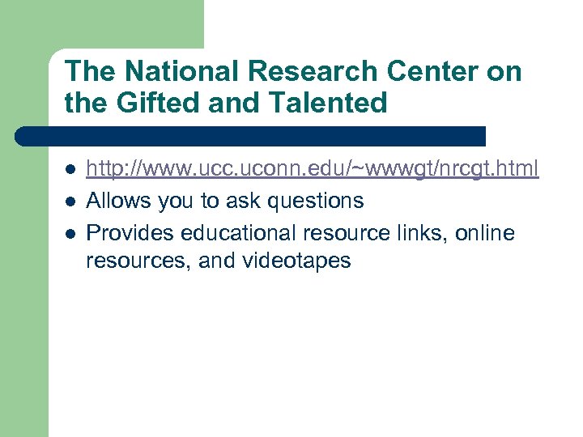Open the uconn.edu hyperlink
(312, 168)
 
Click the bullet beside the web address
(70, 169)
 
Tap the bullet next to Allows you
(70, 201)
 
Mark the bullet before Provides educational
(70, 233)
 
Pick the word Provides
(130, 232)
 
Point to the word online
(485, 232)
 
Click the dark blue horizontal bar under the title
(251, 136)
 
